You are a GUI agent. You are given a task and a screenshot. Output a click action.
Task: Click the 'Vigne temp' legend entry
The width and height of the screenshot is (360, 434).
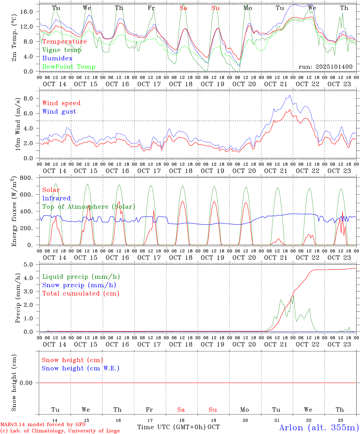62,50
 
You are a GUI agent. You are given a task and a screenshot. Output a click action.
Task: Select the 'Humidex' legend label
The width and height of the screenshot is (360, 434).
57,58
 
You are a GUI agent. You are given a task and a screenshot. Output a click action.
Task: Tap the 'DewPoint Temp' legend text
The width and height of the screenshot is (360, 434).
69,67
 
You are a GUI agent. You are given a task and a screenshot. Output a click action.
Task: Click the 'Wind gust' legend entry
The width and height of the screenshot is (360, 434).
59,112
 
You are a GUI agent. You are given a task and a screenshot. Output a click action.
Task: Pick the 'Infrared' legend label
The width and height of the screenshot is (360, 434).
56,198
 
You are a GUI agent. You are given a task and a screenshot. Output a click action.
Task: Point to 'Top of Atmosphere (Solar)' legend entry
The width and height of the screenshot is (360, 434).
89,207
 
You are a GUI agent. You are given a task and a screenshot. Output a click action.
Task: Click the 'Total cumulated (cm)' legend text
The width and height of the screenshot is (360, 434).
81,294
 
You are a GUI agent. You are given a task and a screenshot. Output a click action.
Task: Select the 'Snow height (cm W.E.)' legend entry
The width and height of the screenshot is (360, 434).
81,368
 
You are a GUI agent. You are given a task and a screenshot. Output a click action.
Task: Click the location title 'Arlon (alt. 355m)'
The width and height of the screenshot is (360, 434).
319,427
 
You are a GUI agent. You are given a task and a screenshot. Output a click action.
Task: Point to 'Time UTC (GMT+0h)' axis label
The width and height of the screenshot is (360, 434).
171,427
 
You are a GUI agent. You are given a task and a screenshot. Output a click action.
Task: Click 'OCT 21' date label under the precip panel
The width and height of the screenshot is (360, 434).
276,344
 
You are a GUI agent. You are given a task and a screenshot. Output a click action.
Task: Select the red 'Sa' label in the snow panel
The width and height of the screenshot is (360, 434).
181,410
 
